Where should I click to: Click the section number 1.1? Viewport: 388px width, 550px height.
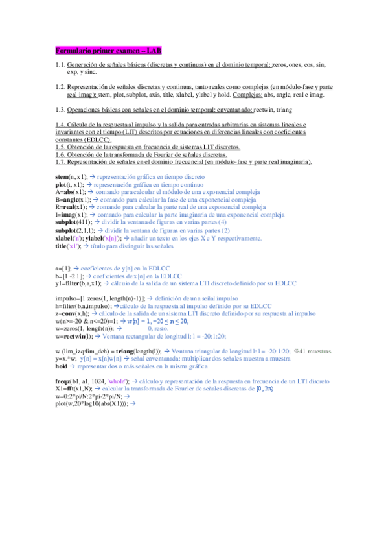pos(61,65)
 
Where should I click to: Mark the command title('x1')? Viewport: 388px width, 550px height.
pos(68,246)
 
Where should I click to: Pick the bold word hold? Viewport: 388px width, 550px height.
pos(62,366)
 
